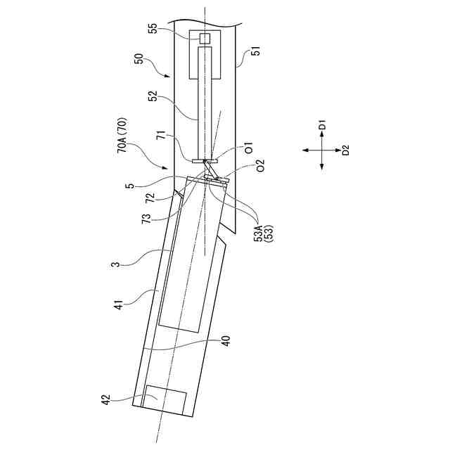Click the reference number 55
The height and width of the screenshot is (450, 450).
tap(153, 29)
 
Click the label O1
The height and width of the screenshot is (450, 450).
tap(250, 149)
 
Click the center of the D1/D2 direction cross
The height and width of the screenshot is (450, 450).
tap(321, 149)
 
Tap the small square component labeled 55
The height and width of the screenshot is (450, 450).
tap(205, 37)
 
